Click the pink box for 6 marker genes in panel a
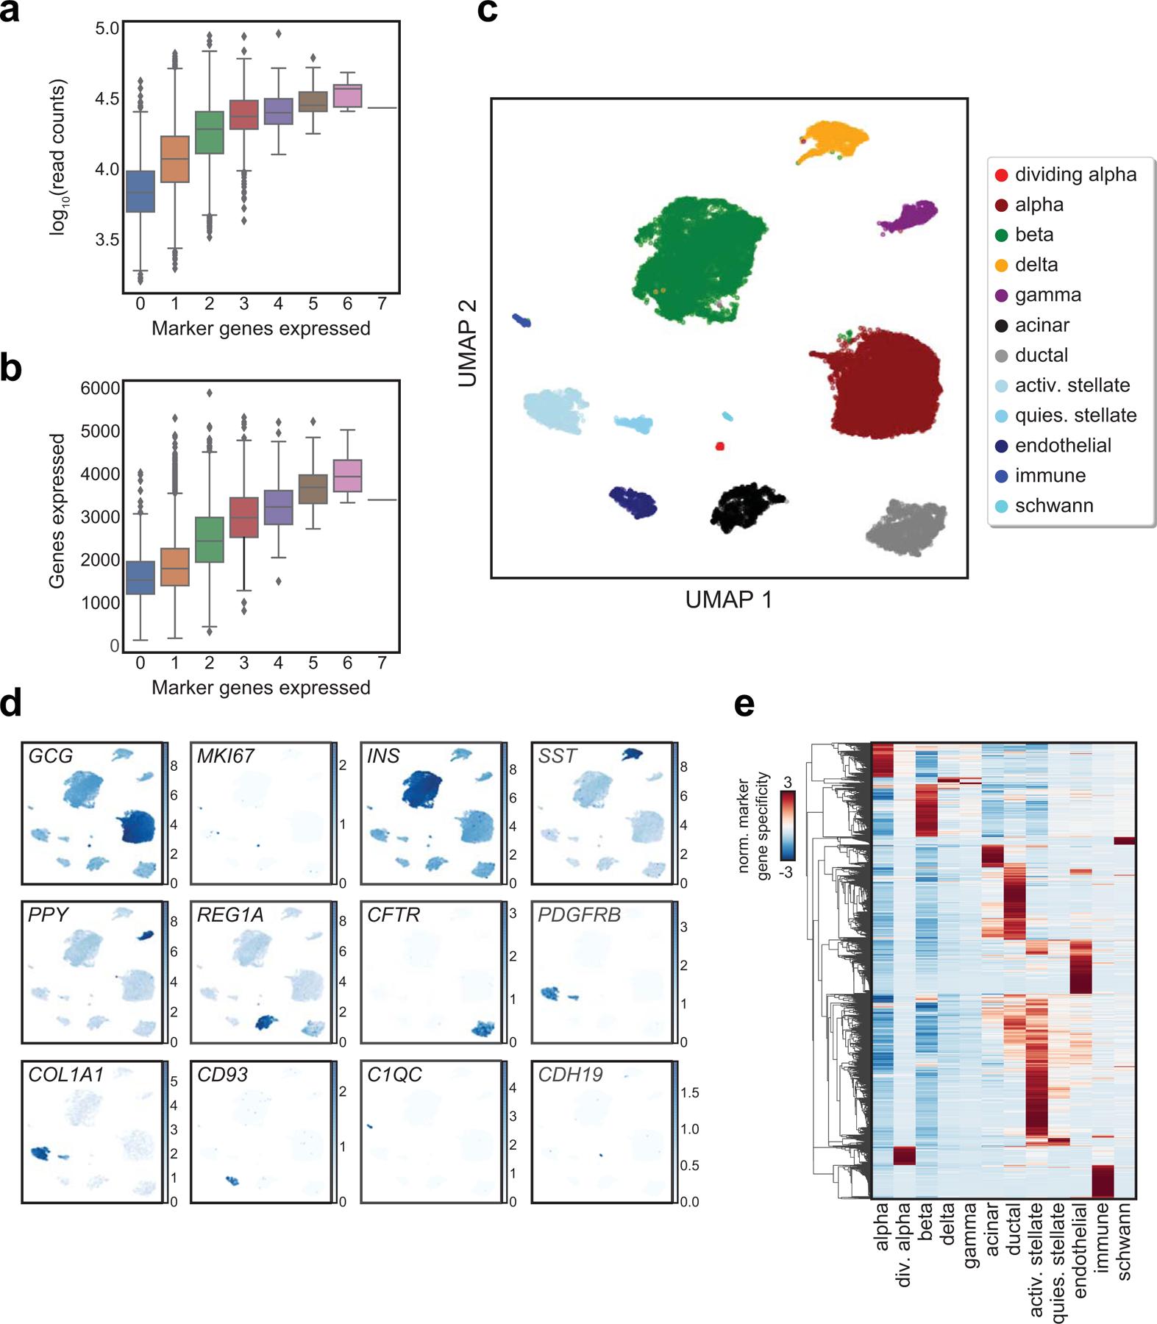[x=347, y=96]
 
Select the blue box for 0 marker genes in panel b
[x=140, y=577]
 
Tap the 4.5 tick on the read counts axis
[x=107, y=99]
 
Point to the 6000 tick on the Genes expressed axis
[x=100, y=388]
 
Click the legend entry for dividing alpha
[x=1075, y=175]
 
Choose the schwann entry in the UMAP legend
[x=1053, y=506]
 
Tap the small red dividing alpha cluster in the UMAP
[x=720, y=446]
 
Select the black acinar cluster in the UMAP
[x=744, y=505]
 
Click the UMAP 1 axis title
[x=728, y=600]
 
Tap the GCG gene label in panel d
[x=51, y=756]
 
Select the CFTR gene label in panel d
[x=394, y=915]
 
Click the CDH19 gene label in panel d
[x=570, y=1075]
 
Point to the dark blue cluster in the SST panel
[x=631, y=754]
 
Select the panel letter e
[x=744, y=705]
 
